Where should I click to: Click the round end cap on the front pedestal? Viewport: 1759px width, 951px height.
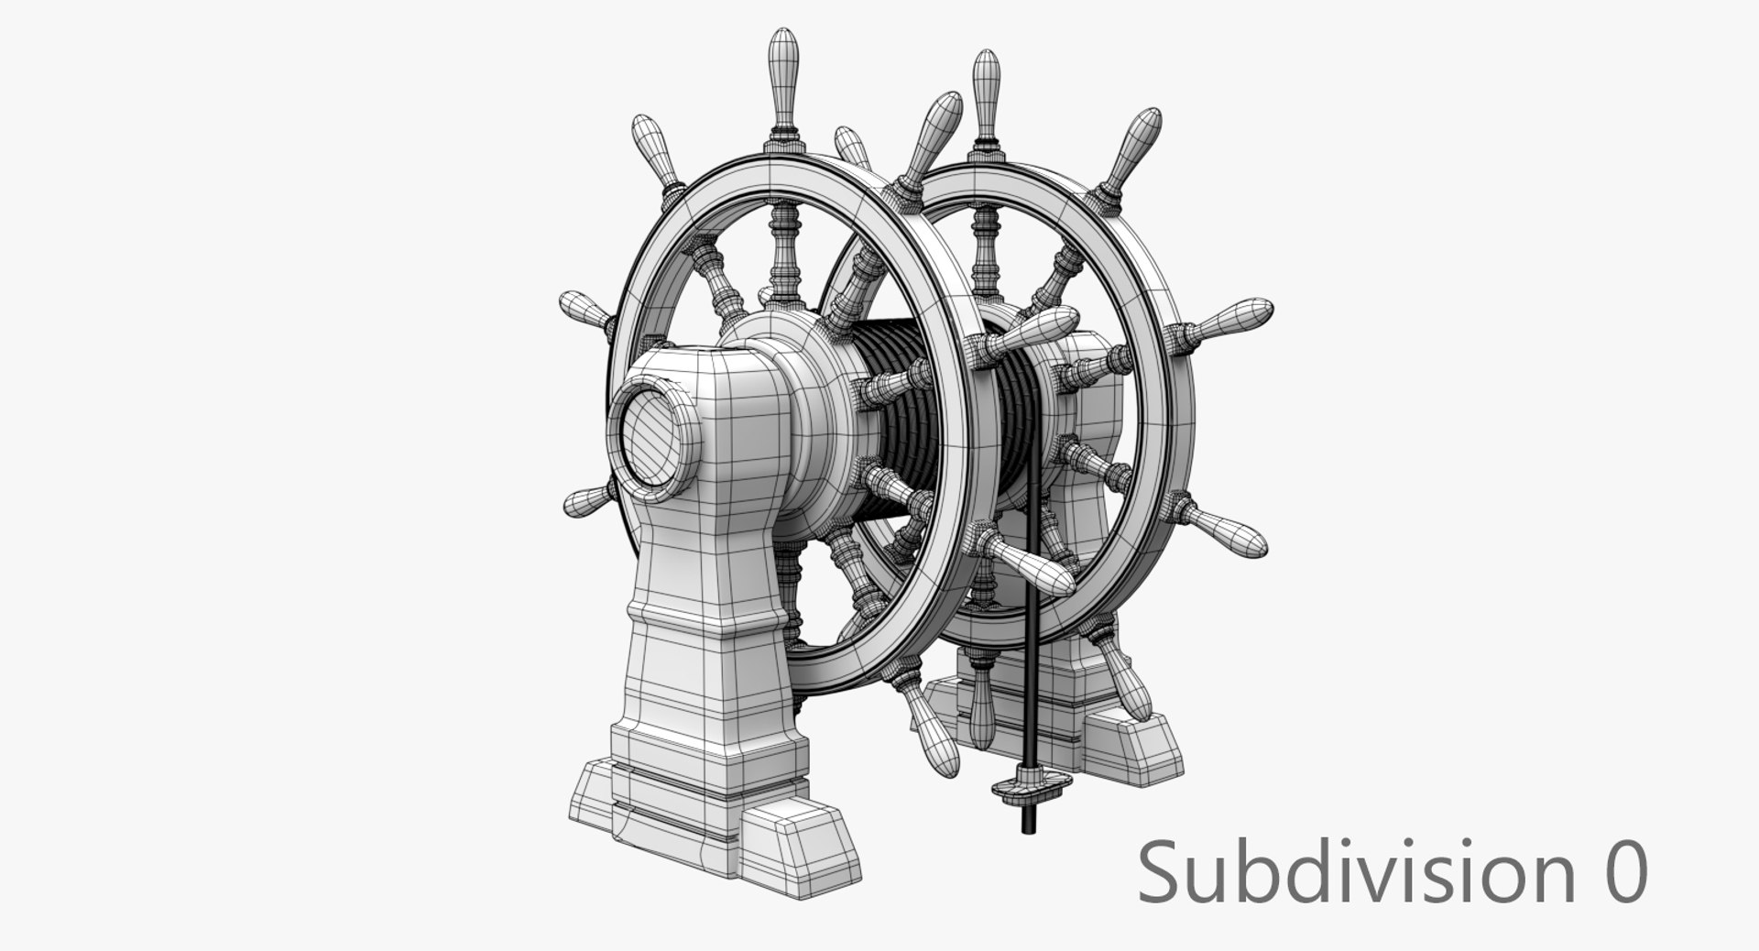point(651,439)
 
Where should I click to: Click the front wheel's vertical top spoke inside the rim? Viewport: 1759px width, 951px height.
point(784,247)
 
